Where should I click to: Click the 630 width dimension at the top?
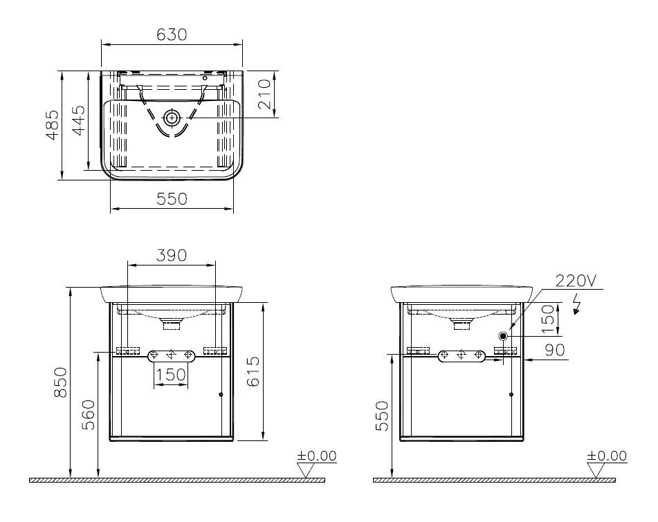pyautogui.click(x=172, y=34)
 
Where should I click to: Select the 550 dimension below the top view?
pyautogui.click(x=172, y=198)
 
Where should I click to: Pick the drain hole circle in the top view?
pyautogui.click(x=172, y=118)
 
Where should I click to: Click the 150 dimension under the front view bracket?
pyautogui.click(x=171, y=374)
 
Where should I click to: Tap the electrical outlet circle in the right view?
pyautogui.click(x=503, y=335)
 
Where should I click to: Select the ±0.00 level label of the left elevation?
pyautogui.click(x=317, y=456)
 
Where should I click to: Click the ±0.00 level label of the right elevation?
pyautogui.click(x=607, y=456)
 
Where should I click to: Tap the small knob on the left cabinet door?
pyautogui.click(x=221, y=395)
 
